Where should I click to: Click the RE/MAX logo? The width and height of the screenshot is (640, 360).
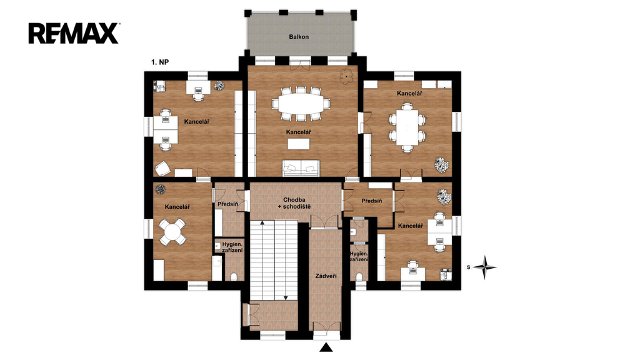[x=74, y=33]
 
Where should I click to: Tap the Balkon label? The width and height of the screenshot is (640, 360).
[x=299, y=37]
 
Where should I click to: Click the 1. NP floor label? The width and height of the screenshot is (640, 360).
[x=160, y=62]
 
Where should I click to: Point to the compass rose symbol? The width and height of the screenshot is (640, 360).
[x=484, y=267]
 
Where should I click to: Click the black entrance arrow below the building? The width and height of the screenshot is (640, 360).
[x=326, y=347]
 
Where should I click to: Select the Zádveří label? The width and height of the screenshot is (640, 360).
[x=326, y=276]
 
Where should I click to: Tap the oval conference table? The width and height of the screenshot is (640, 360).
[x=302, y=104]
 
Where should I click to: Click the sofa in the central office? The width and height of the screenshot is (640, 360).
[x=301, y=167]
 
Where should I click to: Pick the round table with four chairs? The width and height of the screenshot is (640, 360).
[x=172, y=231]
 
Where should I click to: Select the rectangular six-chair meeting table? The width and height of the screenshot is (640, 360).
[x=407, y=127]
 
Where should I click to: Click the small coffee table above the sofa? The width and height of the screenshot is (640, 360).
[x=298, y=144]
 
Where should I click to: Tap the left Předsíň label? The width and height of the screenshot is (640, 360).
[x=227, y=204]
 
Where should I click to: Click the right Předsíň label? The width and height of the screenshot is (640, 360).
[x=372, y=201]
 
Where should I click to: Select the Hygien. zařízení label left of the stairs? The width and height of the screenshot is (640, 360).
[x=232, y=247]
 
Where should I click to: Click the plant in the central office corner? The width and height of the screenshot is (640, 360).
[x=346, y=76]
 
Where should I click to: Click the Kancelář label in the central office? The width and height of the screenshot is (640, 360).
[x=298, y=132]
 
